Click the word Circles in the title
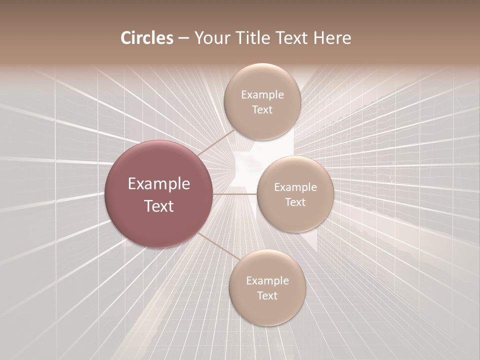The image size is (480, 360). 147,38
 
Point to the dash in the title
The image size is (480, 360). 183,38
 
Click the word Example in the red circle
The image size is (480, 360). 159,184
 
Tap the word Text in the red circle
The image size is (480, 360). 159,206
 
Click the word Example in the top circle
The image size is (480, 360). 262,94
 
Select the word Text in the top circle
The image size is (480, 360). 262,109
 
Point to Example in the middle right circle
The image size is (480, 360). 295,187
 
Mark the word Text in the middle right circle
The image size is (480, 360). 295,202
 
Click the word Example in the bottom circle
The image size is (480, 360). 267,280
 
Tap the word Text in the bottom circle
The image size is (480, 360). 267,295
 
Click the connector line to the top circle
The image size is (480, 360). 215,142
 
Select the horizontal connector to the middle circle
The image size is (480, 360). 234,193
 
